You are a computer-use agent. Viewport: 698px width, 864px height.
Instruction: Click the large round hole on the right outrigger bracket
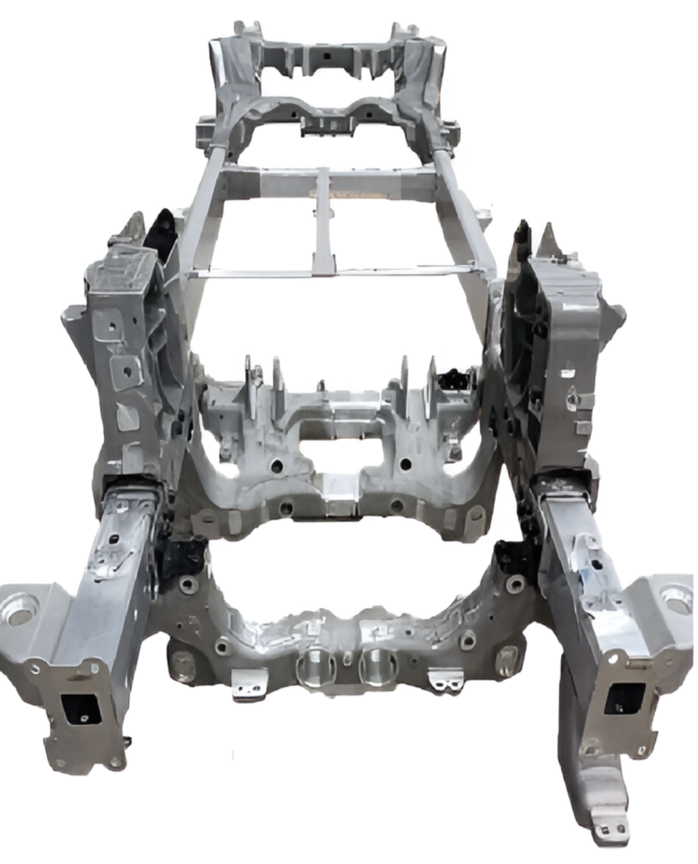(676, 598)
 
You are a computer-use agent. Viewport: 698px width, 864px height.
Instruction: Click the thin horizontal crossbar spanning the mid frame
(332, 272)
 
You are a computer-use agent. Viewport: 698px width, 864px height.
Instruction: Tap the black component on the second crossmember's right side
(456, 379)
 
